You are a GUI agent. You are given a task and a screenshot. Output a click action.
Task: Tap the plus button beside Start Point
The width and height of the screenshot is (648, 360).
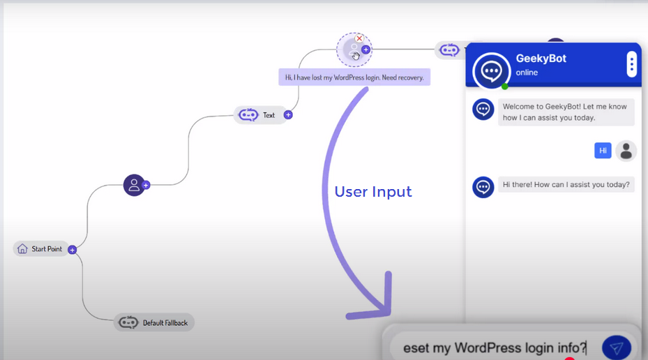tap(73, 250)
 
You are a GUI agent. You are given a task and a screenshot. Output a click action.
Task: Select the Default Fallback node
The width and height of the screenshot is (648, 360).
tap(154, 322)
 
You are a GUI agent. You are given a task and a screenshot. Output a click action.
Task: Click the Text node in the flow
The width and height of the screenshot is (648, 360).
tap(257, 115)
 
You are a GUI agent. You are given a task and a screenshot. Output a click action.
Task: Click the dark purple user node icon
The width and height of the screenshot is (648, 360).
tap(134, 185)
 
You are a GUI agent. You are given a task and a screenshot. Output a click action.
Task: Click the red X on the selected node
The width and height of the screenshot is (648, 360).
tap(359, 39)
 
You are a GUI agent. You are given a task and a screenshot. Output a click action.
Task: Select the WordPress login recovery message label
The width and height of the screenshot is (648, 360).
tap(354, 77)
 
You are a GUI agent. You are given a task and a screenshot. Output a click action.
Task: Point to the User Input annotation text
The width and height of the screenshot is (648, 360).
tap(373, 191)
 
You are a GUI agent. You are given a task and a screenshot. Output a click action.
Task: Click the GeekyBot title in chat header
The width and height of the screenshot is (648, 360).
tap(541, 59)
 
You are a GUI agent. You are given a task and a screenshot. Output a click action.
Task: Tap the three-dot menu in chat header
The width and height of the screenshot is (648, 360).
tap(632, 65)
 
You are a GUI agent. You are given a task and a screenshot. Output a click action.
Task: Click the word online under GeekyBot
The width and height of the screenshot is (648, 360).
tap(527, 73)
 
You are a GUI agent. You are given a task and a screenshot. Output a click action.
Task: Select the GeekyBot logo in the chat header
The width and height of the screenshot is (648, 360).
tap(492, 70)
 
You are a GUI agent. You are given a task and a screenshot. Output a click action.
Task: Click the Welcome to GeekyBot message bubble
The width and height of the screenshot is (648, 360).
tap(566, 112)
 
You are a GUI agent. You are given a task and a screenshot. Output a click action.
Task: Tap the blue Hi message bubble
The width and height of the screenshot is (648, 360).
tap(603, 151)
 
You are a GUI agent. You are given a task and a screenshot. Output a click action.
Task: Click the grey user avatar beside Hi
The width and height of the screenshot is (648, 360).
tap(626, 151)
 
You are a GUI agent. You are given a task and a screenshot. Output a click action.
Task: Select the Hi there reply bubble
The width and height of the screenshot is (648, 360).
tap(566, 186)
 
